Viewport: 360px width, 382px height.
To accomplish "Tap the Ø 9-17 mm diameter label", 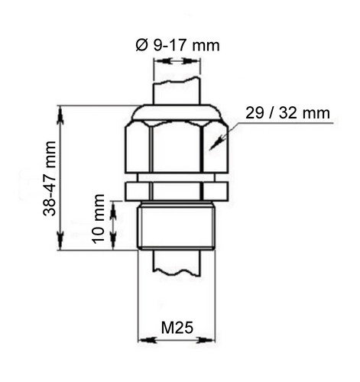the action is click(x=177, y=46).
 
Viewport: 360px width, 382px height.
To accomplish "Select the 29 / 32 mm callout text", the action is click(x=287, y=113).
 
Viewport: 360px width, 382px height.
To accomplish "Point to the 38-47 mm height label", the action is click(x=49, y=179).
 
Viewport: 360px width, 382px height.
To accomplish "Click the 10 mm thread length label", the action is click(x=99, y=219).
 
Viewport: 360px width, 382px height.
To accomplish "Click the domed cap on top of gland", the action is click(x=176, y=112).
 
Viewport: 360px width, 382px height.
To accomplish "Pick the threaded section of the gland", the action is click(x=176, y=226).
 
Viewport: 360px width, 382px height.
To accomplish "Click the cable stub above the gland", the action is click(x=177, y=91).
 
